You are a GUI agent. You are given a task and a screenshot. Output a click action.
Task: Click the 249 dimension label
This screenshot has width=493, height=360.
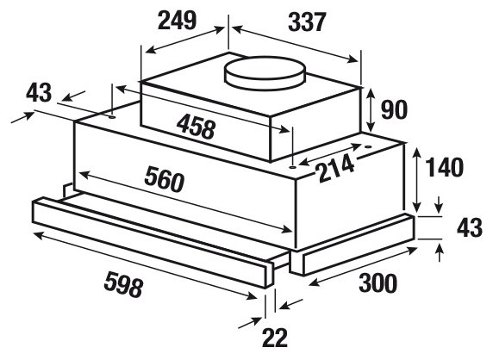click(x=178, y=21)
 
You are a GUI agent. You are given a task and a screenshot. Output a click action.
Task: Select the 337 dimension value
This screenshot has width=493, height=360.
click(x=307, y=22)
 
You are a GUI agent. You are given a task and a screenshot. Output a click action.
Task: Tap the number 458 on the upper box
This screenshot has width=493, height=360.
click(x=196, y=127)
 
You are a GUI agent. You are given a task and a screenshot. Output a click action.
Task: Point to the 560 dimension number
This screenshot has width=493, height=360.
click(x=164, y=179)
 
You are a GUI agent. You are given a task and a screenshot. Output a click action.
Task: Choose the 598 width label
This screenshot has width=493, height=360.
click(x=123, y=284)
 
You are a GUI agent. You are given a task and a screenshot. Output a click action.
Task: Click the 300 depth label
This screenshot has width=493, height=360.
click(x=378, y=283)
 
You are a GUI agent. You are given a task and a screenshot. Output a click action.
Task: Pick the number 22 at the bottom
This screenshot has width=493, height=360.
click(x=275, y=338)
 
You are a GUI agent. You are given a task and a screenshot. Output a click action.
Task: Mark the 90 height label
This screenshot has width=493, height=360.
click(x=394, y=109)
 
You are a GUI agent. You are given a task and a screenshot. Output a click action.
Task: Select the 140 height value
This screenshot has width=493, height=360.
click(x=444, y=167)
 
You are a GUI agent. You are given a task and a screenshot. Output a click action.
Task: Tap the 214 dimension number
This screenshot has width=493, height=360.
click(x=336, y=170)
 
